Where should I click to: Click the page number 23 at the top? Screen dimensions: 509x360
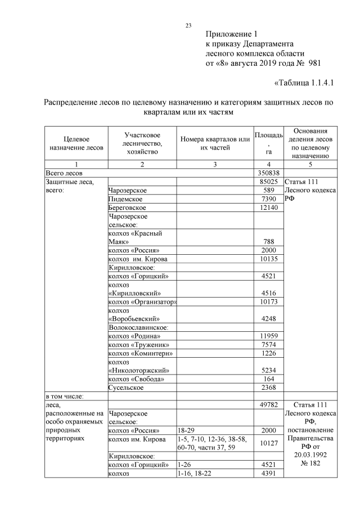pyautogui.click(x=188, y=25)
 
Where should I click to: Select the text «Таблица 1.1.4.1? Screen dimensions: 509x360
pyautogui.click(x=304, y=83)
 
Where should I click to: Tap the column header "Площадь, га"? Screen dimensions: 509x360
pyautogui.click(x=269, y=143)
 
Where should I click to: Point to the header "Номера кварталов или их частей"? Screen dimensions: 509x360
pyautogui.click(x=215, y=143)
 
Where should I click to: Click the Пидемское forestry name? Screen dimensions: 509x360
pyautogui.click(x=125, y=199)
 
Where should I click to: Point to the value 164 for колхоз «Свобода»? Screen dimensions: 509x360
pyautogui.click(x=269, y=379)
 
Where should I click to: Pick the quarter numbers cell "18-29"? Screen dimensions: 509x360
pyautogui.click(x=186, y=430)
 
